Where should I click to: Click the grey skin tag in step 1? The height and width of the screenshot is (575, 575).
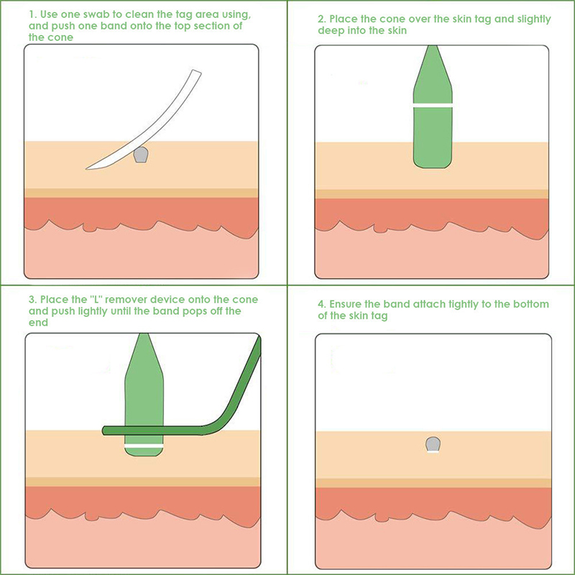tap(140, 155)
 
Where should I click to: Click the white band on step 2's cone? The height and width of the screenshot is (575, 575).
tap(433, 105)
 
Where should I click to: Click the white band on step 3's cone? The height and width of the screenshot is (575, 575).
tap(144, 446)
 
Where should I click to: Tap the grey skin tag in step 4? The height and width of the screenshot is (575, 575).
tap(433, 443)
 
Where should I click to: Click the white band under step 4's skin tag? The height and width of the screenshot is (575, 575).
tap(433, 452)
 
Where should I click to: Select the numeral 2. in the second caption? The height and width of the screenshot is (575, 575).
tap(321, 19)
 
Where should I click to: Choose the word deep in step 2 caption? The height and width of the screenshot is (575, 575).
tap(331, 31)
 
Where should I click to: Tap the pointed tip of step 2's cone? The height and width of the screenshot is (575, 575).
tap(433, 45)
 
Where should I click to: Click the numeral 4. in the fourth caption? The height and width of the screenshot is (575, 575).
tap(321, 304)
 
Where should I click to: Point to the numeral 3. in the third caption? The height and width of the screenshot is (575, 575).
tap(32, 300)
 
